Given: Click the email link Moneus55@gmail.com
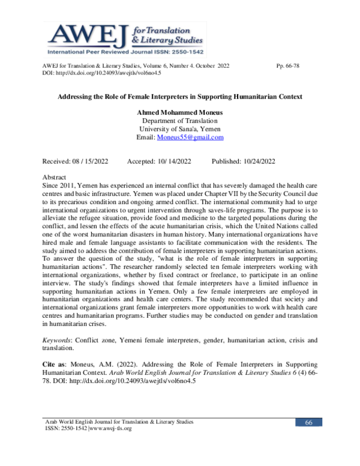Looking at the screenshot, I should coord(190,137).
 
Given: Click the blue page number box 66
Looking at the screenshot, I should coord(308,423).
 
